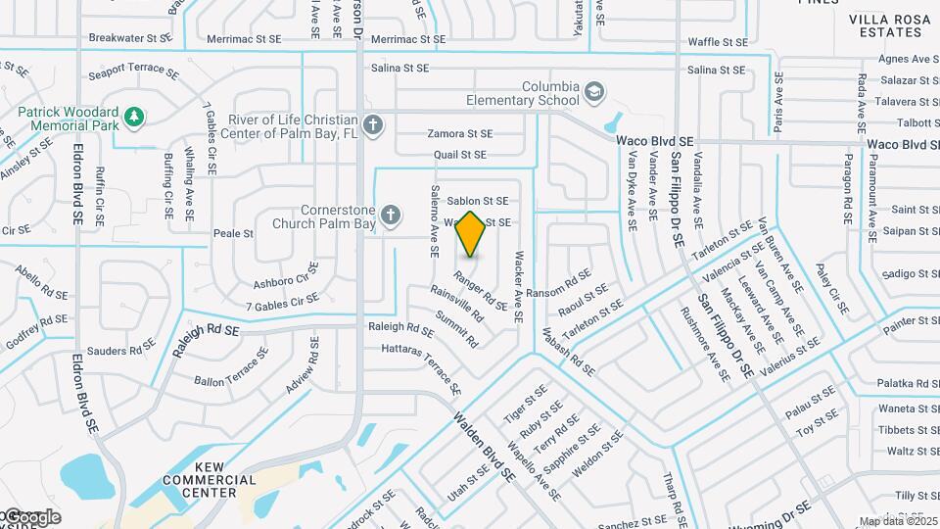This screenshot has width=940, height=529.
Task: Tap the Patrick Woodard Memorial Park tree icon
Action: point(134,119)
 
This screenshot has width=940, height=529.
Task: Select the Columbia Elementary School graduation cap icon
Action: point(593,94)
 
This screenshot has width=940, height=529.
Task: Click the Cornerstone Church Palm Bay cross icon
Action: point(391,215)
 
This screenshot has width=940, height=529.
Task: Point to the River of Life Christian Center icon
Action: point(371,125)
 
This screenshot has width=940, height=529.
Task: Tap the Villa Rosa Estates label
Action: point(890,25)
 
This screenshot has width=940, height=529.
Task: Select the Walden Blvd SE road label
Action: point(484,445)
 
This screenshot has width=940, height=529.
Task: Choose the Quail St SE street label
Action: point(459,155)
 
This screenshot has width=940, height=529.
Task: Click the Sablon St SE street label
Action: point(478,201)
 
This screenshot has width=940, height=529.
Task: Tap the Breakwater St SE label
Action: point(129,38)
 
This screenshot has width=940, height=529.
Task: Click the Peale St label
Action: point(233,234)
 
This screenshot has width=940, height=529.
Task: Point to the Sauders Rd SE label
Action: point(120,351)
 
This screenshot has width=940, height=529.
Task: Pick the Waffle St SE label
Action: point(718,42)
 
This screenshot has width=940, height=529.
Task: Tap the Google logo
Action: point(31,516)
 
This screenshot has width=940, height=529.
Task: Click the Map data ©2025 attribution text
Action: point(897,521)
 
